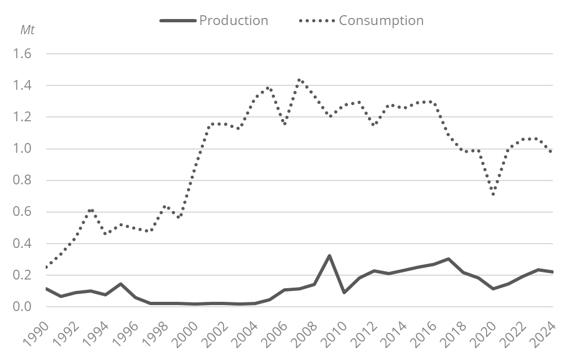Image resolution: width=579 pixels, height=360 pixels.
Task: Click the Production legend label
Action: [x=234, y=21]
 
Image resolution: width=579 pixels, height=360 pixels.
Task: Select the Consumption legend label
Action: [x=381, y=21]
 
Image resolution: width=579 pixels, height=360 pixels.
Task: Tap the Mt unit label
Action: [x=27, y=30]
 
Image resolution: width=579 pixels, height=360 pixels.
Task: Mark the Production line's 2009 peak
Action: [x=329, y=256]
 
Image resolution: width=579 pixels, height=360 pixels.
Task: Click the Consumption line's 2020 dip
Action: [x=493, y=194]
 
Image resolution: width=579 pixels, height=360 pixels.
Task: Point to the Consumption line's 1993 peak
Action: [x=91, y=210]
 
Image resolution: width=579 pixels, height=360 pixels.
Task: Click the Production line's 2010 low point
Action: [x=344, y=293]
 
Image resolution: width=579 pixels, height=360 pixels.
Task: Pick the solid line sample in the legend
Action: [x=178, y=21]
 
